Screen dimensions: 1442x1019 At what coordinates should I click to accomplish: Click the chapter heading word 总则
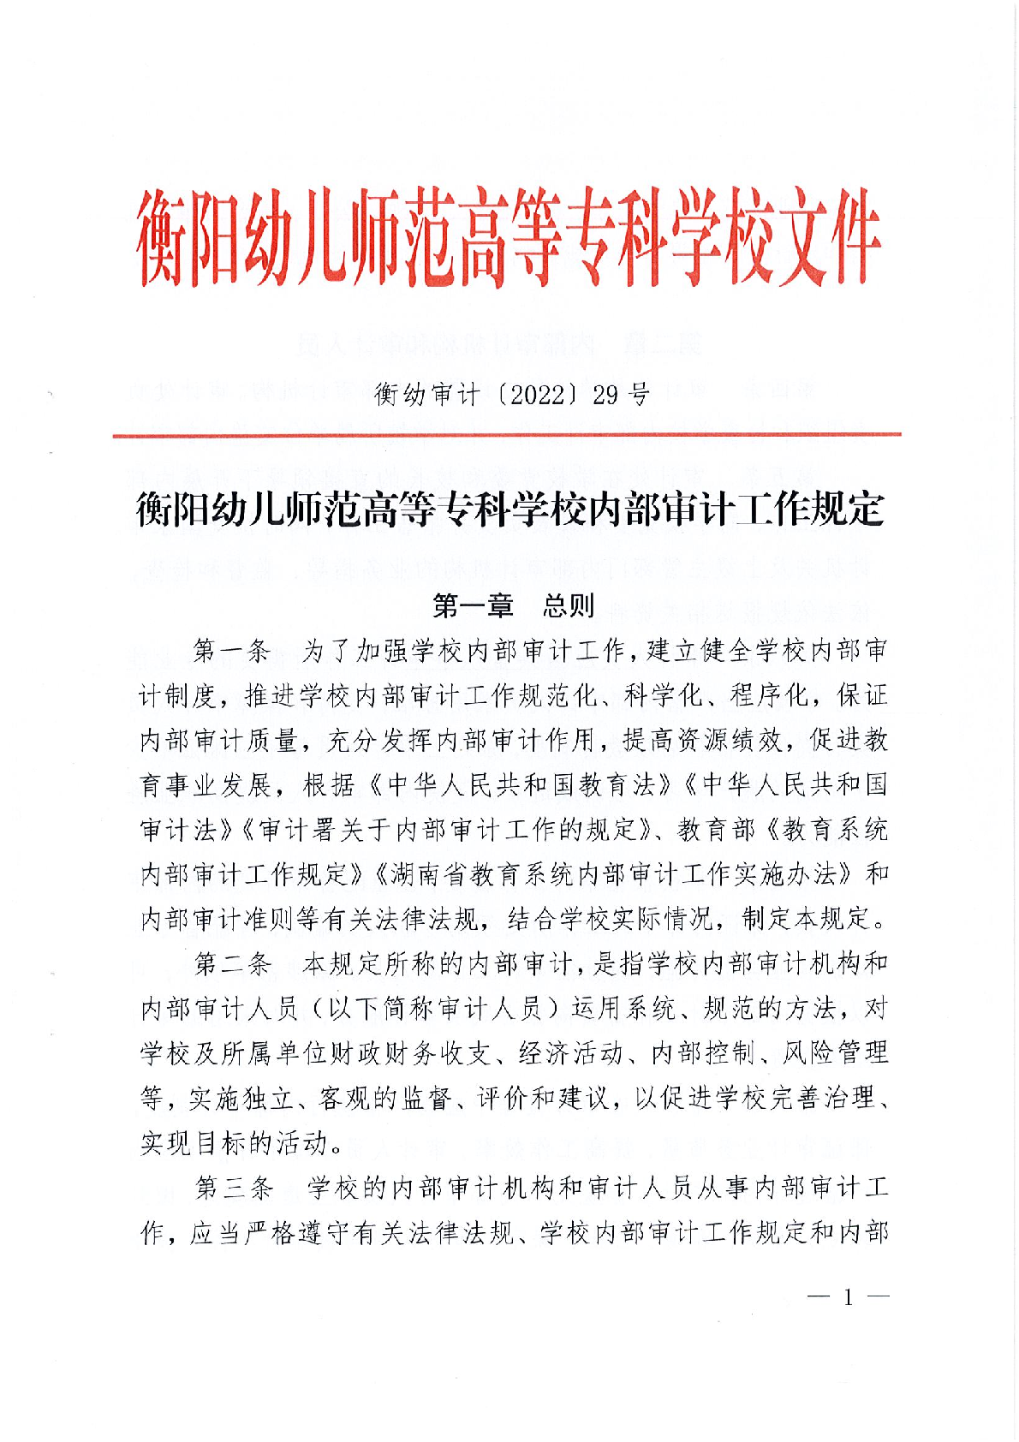click(568, 606)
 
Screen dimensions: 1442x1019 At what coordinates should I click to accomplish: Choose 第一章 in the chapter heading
click(473, 606)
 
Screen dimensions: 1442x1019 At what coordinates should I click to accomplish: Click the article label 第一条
click(233, 652)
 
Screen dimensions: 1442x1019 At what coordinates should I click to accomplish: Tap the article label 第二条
click(233, 964)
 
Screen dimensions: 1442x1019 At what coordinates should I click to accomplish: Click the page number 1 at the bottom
click(848, 1297)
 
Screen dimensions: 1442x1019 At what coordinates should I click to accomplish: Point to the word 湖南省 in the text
click(429, 874)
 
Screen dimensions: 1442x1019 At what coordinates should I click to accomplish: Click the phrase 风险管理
click(836, 1053)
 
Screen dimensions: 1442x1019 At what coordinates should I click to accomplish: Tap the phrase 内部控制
click(703, 1053)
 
